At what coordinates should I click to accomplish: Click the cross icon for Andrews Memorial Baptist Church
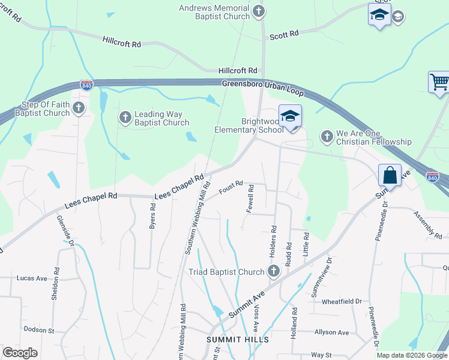[258, 11]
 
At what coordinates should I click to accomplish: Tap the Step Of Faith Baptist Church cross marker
[78, 108]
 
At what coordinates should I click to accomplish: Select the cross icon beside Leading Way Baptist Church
[125, 117]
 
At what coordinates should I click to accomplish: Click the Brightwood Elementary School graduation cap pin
[290, 116]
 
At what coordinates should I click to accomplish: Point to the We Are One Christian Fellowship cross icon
[327, 136]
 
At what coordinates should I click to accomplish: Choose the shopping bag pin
[390, 176]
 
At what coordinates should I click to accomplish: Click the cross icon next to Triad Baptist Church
[273, 271]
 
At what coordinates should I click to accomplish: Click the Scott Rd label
[284, 35]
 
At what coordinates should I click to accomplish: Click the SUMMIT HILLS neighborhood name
[231, 339]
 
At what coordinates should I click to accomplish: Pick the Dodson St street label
[39, 330]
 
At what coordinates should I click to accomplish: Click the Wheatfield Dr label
[342, 301]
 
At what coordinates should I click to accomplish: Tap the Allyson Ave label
[331, 332]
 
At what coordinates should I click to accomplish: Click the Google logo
[20, 353]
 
